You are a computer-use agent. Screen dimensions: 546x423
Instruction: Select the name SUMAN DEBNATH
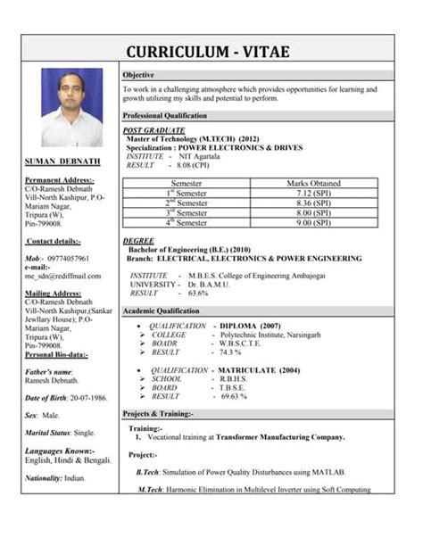(x=62, y=162)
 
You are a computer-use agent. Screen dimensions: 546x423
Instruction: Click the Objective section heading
(x=138, y=74)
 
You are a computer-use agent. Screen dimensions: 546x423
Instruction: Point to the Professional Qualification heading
(x=165, y=116)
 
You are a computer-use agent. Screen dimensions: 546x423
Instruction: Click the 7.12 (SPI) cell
(x=313, y=193)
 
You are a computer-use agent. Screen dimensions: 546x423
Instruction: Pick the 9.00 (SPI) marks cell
(x=313, y=222)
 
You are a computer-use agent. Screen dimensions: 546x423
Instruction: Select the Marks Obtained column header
(x=313, y=183)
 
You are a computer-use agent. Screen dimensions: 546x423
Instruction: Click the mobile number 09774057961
(x=69, y=258)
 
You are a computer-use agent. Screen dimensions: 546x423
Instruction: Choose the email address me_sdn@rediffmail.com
(x=62, y=276)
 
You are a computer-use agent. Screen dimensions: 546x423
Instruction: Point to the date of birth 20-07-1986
(x=84, y=397)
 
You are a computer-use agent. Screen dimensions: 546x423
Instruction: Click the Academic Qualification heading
(x=161, y=310)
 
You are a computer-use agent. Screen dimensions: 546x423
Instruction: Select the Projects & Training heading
(x=158, y=415)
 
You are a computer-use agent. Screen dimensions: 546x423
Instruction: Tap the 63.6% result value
(x=198, y=293)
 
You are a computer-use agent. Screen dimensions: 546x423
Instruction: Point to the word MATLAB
(x=329, y=471)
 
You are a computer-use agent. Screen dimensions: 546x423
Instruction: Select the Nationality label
(x=43, y=478)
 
